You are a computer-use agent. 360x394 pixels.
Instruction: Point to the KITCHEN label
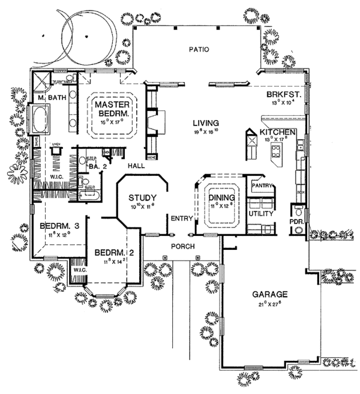(277, 132)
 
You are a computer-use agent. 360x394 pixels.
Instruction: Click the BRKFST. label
(280, 95)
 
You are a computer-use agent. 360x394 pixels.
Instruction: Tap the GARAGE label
(270, 295)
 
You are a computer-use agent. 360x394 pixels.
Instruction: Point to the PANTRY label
(263, 186)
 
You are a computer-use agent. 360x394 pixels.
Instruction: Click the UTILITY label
(261, 213)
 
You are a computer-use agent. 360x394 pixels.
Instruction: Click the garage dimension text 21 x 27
(270, 305)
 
